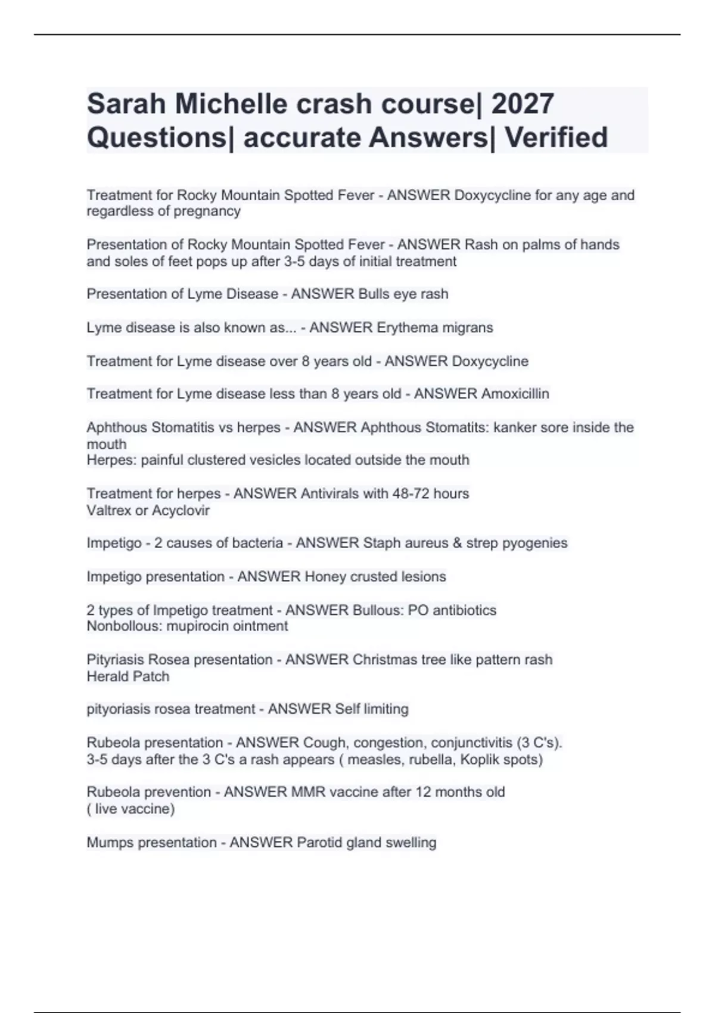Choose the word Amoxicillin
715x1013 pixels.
tap(515, 394)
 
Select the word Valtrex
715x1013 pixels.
tap(110, 510)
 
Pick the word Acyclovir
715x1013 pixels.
tap(181, 510)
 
